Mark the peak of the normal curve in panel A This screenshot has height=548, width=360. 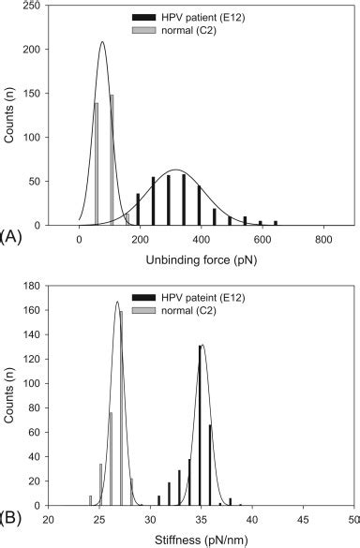click(x=101, y=42)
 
